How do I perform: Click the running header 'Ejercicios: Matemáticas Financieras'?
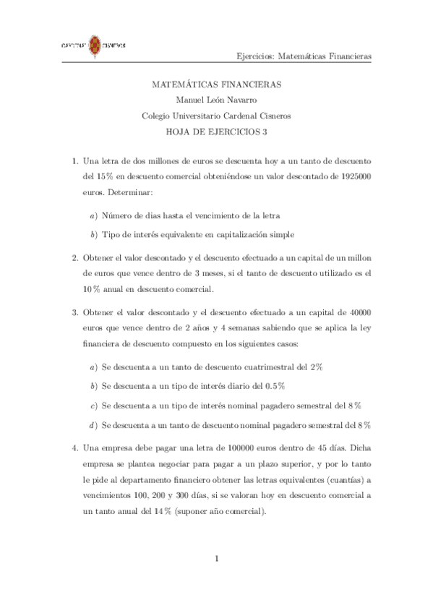[x=304, y=56]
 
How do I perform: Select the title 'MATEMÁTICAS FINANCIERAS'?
[x=217, y=85]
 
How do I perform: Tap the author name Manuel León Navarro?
[x=216, y=100]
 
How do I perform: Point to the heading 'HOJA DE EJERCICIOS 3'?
[x=217, y=131]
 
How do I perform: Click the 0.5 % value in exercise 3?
[x=272, y=386]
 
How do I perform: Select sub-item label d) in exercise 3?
[x=93, y=424]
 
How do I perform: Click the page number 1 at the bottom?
[x=216, y=558]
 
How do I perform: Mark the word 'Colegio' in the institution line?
[x=157, y=116]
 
